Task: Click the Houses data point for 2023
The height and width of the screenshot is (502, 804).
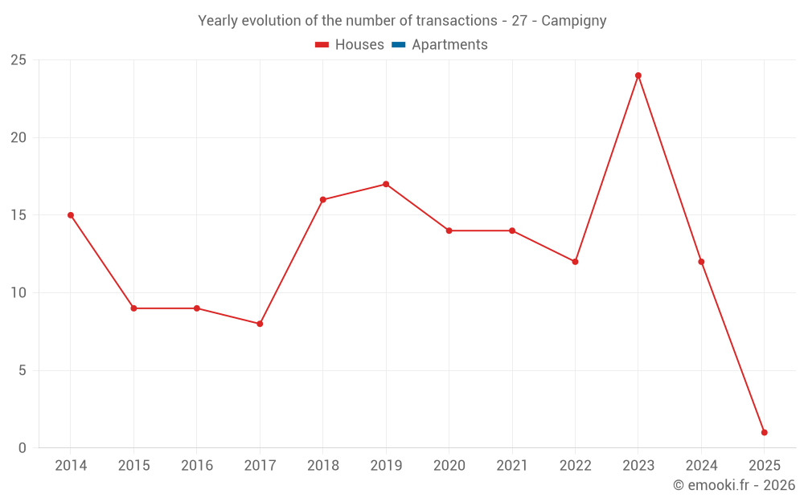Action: pos(638,76)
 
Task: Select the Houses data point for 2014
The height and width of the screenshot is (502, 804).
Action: pos(71,215)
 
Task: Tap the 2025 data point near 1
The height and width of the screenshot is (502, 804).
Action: pos(764,433)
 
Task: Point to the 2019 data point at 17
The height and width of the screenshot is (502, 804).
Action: pos(386,184)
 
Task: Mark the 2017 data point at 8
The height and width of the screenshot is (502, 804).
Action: pos(260,324)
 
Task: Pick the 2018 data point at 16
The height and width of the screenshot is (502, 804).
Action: pos(323,200)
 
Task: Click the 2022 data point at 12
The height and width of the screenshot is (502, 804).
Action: pos(575,262)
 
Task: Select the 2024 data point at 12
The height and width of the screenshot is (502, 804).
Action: pos(701,262)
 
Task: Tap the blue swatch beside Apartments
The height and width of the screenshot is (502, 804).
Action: pos(398,45)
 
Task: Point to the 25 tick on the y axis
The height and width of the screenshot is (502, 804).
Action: pos(18,60)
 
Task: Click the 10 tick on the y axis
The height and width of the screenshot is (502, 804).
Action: pos(18,293)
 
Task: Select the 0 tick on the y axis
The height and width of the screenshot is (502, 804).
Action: pos(23,448)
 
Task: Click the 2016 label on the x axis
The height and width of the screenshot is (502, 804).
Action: pos(197,466)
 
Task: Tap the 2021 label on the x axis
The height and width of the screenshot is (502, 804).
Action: pos(512,466)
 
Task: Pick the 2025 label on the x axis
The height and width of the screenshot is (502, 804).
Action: pos(764,466)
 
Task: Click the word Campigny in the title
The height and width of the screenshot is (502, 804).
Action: pos(573,21)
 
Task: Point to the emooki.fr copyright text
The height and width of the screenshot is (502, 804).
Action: pos(734,485)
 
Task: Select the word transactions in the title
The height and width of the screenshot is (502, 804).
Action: pos(453,21)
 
